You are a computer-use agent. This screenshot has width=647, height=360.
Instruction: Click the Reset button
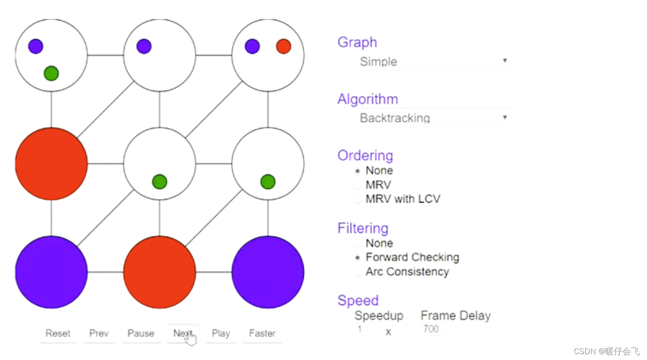[x=58, y=333]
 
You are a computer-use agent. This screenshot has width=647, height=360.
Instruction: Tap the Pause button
[x=141, y=333]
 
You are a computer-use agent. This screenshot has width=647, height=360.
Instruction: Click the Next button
[x=182, y=333]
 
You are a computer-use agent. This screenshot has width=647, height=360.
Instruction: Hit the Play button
[x=221, y=333]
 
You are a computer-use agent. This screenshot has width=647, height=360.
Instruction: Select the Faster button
[x=262, y=333]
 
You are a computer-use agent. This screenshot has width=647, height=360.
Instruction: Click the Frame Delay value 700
[x=431, y=329]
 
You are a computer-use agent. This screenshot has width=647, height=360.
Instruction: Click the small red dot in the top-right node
[x=284, y=47]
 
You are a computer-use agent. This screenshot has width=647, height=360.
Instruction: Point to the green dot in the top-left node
[x=51, y=74]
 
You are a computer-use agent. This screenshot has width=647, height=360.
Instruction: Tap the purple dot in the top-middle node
[x=144, y=47]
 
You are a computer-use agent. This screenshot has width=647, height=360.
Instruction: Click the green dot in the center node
[x=159, y=182]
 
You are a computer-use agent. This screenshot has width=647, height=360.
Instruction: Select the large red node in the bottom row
[x=159, y=272]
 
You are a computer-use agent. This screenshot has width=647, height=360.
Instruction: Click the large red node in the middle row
[x=51, y=164]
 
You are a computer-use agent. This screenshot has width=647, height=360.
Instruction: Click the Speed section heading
[x=358, y=300]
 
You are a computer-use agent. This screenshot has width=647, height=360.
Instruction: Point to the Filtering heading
[x=362, y=228]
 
